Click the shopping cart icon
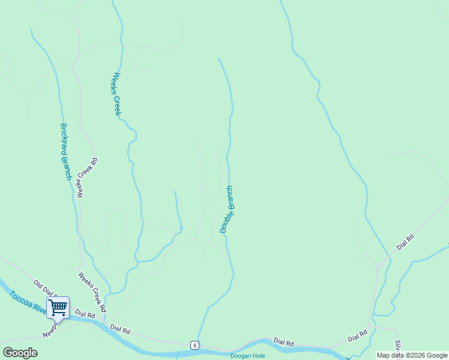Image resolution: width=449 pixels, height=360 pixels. [58, 308]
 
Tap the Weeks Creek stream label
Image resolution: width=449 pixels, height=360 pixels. [117, 94]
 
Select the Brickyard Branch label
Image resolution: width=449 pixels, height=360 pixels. [65, 151]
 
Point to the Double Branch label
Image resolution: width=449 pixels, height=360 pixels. [226, 209]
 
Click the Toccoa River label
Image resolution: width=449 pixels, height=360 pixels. [28, 303]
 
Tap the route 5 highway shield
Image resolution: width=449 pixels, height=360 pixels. [194, 345]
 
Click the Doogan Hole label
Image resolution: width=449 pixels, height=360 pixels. [248, 356]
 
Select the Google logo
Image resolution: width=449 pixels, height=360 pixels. [20, 353]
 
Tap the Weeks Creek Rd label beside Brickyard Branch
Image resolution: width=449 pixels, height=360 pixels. [87, 178]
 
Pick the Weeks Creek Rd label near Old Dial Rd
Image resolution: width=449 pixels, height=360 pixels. [92, 292]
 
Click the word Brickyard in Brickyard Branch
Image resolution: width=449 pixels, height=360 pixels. [64, 140]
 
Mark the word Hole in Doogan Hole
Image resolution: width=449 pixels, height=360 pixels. [258, 356]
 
